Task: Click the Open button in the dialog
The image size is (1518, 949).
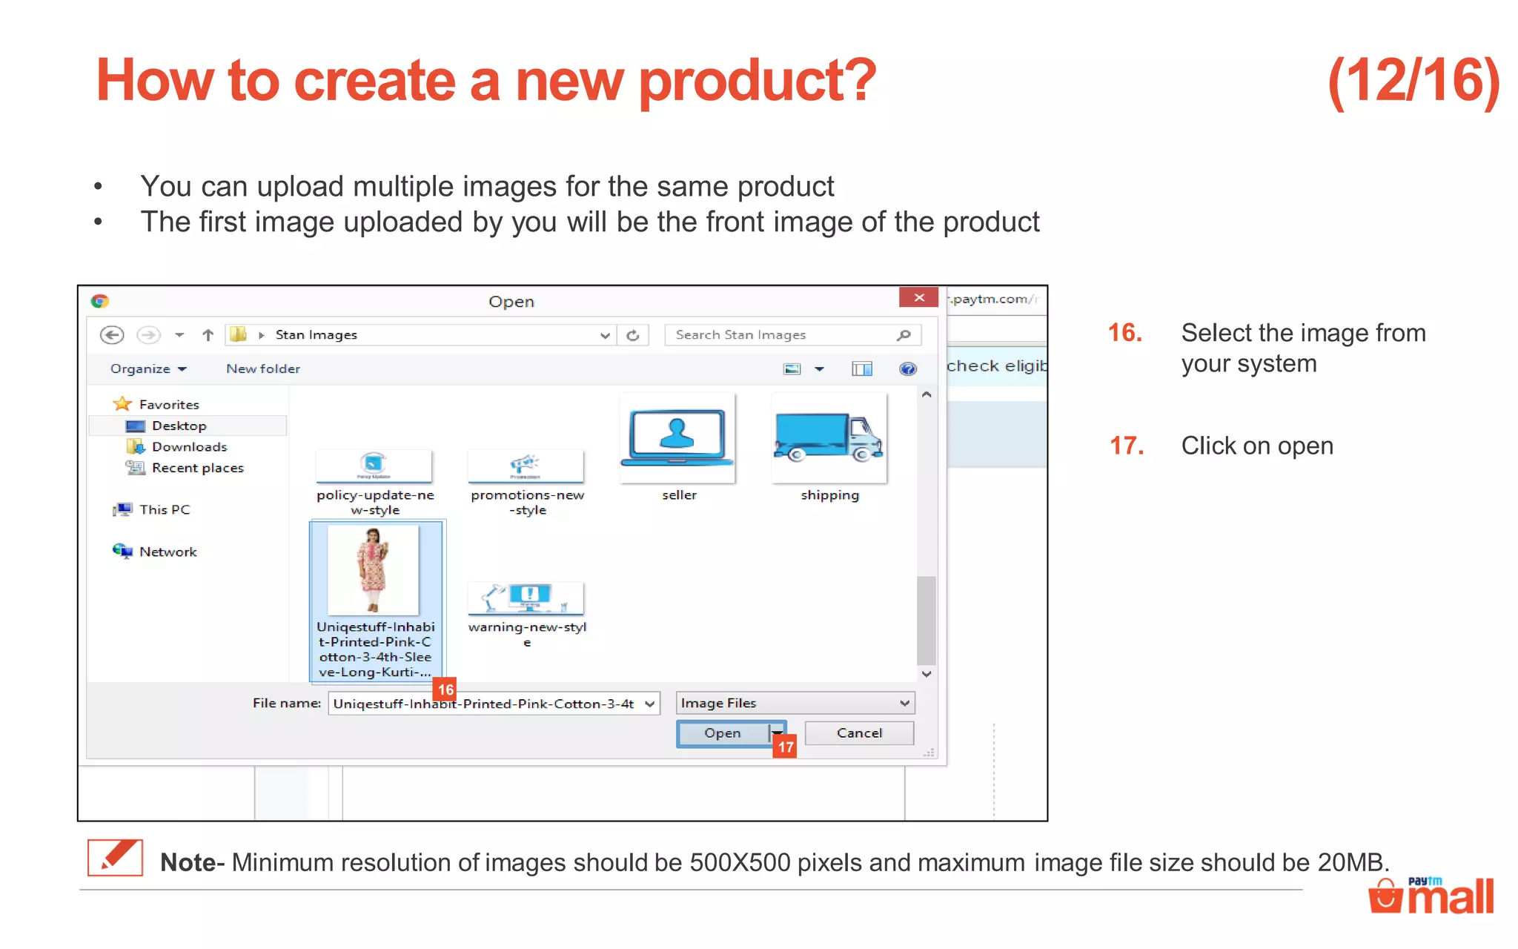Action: coord(723,733)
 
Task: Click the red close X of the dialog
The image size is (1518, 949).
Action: coord(918,297)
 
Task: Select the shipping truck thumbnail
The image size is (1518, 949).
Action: coord(829,439)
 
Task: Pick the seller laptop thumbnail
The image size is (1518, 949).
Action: coord(677,439)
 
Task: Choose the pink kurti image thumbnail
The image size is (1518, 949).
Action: coord(374,569)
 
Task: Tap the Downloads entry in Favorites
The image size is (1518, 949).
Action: coord(189,447)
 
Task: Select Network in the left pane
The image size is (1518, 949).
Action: coord(168,552)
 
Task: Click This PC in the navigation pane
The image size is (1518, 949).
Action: coord(164,509)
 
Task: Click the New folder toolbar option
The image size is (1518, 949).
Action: coord(263,368)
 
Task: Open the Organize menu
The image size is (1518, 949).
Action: coord(148,368)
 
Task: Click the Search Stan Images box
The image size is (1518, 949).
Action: coord(782,335)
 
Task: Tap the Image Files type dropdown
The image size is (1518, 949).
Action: coord(795,703)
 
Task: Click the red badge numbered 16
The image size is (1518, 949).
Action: coord(445,690)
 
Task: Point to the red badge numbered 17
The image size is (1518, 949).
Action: coord(786,747)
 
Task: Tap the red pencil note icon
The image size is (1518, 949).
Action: coord(116,858)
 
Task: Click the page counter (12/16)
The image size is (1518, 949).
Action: coord(1413,81)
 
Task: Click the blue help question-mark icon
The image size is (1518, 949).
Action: coord(907,368)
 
